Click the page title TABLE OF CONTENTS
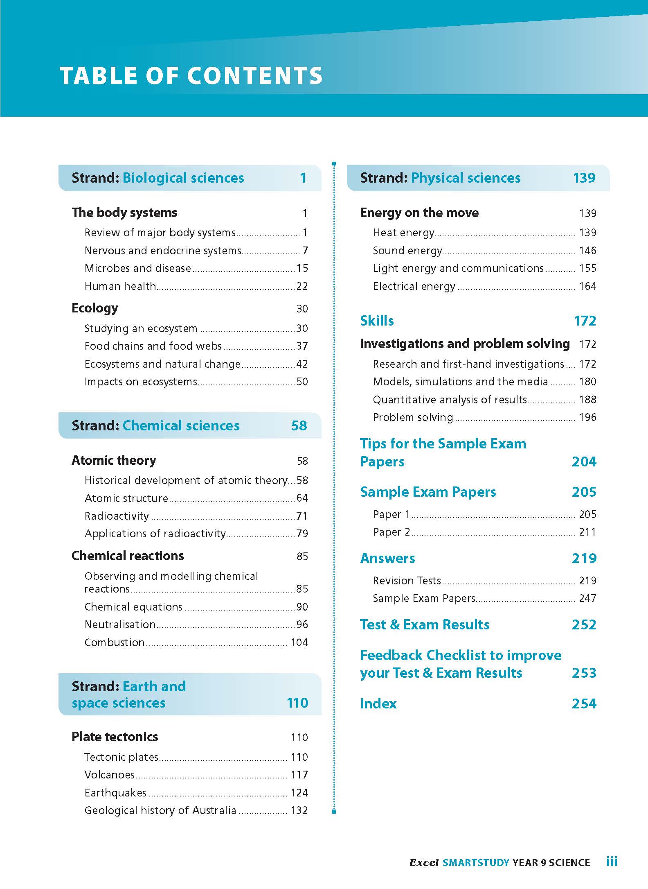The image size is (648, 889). (191, 76)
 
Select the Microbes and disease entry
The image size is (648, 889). (138, 268)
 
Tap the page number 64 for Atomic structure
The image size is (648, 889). (302, 498)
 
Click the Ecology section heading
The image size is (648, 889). (95, 308)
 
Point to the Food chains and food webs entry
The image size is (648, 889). (153, 346)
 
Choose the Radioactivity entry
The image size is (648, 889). (117, 516)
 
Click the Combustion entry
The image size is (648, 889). (115, 642)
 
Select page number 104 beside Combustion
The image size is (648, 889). (299, 642)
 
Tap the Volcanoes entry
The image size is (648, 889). (109, 775)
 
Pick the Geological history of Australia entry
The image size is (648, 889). (160, 810)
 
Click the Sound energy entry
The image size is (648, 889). (407, 251)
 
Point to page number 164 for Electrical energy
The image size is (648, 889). (587, 286)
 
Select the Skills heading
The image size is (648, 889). (377, 321)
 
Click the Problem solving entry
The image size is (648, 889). (413, 417)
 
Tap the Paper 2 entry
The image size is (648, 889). (391, 532)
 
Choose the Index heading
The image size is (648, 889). (378, 704)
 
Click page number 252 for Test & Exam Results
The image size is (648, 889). (584, 624)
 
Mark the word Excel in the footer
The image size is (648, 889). (424, 863)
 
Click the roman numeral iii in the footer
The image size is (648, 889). (612, 862)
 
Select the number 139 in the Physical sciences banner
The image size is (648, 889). (584, 178)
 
